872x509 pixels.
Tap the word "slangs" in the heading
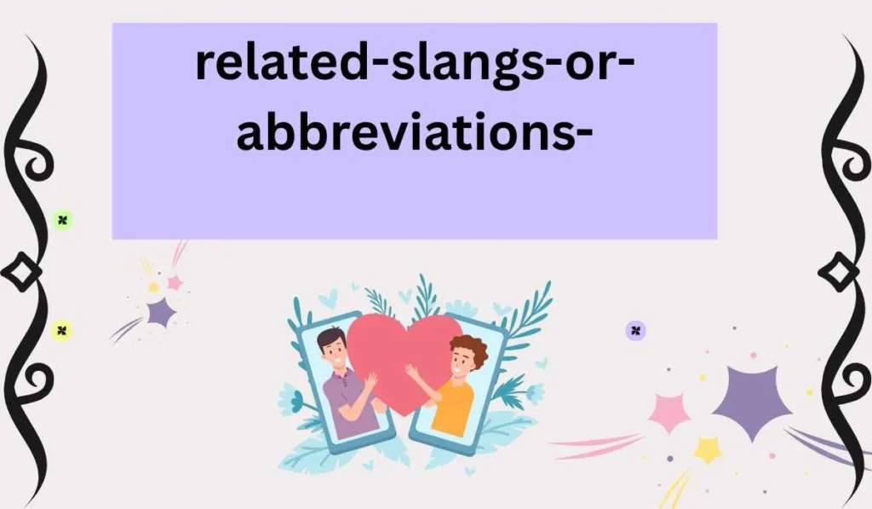pos(442,65)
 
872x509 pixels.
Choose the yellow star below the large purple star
pos(708,450)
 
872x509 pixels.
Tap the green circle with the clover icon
pos(62,221)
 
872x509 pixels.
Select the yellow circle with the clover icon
pos(61,330)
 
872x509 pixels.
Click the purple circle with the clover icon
pos(635,330)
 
